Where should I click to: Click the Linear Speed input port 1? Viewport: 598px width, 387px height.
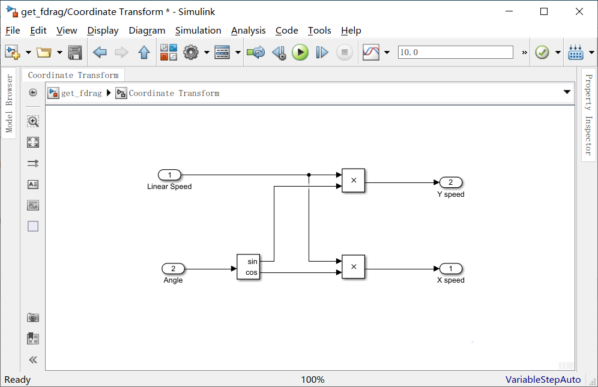click(x=170, y=175)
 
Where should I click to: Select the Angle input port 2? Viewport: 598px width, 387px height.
click(x=174, y=269)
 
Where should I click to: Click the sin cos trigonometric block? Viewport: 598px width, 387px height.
click(x=249, y=267)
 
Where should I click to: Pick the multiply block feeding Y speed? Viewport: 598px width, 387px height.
click(x=353, y=180)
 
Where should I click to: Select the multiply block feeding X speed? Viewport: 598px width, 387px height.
click(x=353, y=267)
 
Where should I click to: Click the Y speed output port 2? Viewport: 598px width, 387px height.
click(x=450, y=182)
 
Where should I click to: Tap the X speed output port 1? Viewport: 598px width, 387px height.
click(x=450, y=269)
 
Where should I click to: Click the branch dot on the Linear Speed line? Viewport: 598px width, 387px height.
click(x=309, y=175)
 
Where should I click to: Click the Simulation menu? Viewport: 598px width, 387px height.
click(x=198, y=31)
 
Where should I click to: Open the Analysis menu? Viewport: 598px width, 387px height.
click(x=248, y=31)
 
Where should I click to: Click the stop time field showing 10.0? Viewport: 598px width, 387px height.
click(x=455, y=53)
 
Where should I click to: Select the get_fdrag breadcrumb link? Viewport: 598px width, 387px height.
click(x=81, y=93)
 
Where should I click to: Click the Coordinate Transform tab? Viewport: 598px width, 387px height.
click(x=73, y=75)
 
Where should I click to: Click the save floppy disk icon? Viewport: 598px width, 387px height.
click(x=75, y=53)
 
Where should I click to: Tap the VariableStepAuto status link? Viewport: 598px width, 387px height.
click(x=543, y=380)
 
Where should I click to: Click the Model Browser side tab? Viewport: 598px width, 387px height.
click(x=9, y=103)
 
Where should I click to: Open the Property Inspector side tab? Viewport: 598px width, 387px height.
click(x=588, y=114)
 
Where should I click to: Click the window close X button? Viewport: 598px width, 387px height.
click(x=579, y=11)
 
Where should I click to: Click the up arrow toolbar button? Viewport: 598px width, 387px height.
click(x=143, y=53)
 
